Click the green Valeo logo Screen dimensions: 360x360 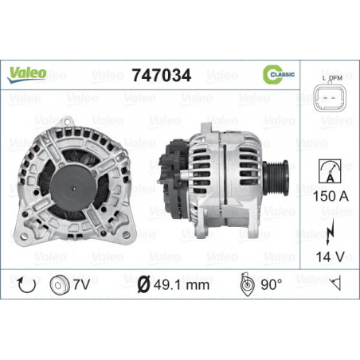(26, 75)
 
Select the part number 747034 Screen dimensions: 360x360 (162, 75)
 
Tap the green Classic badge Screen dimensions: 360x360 (279, 74)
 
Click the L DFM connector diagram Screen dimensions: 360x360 (331, 94)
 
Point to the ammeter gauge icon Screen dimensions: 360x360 (330, 171)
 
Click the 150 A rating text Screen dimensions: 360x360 (331, 196)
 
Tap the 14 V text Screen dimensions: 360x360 (331, 256)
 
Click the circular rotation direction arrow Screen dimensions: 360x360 (26, 285)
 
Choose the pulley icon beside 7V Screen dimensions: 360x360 (60, 285)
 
